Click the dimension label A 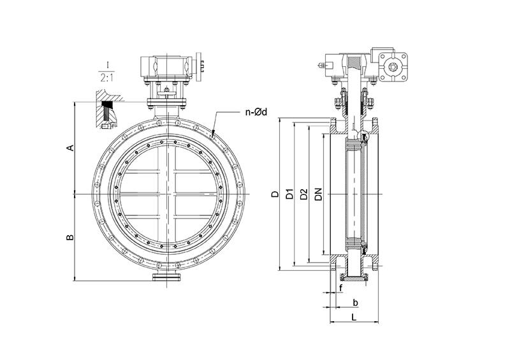point(70,148)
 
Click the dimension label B point(70,238)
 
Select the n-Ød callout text point(256,112)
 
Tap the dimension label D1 point(289,194)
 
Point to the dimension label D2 point(304,194)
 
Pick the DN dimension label point(318,194)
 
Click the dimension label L point(354,317)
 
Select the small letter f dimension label point(341,288)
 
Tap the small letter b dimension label point(356,303)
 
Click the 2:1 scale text point(106,78)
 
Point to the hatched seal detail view point(108,110)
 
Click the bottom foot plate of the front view point(167,277)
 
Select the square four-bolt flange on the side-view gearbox point(393,68)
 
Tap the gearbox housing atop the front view point(166,67)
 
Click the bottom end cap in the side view point(354,278)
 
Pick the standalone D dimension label point(275,194)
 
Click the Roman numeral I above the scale point(106,64)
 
